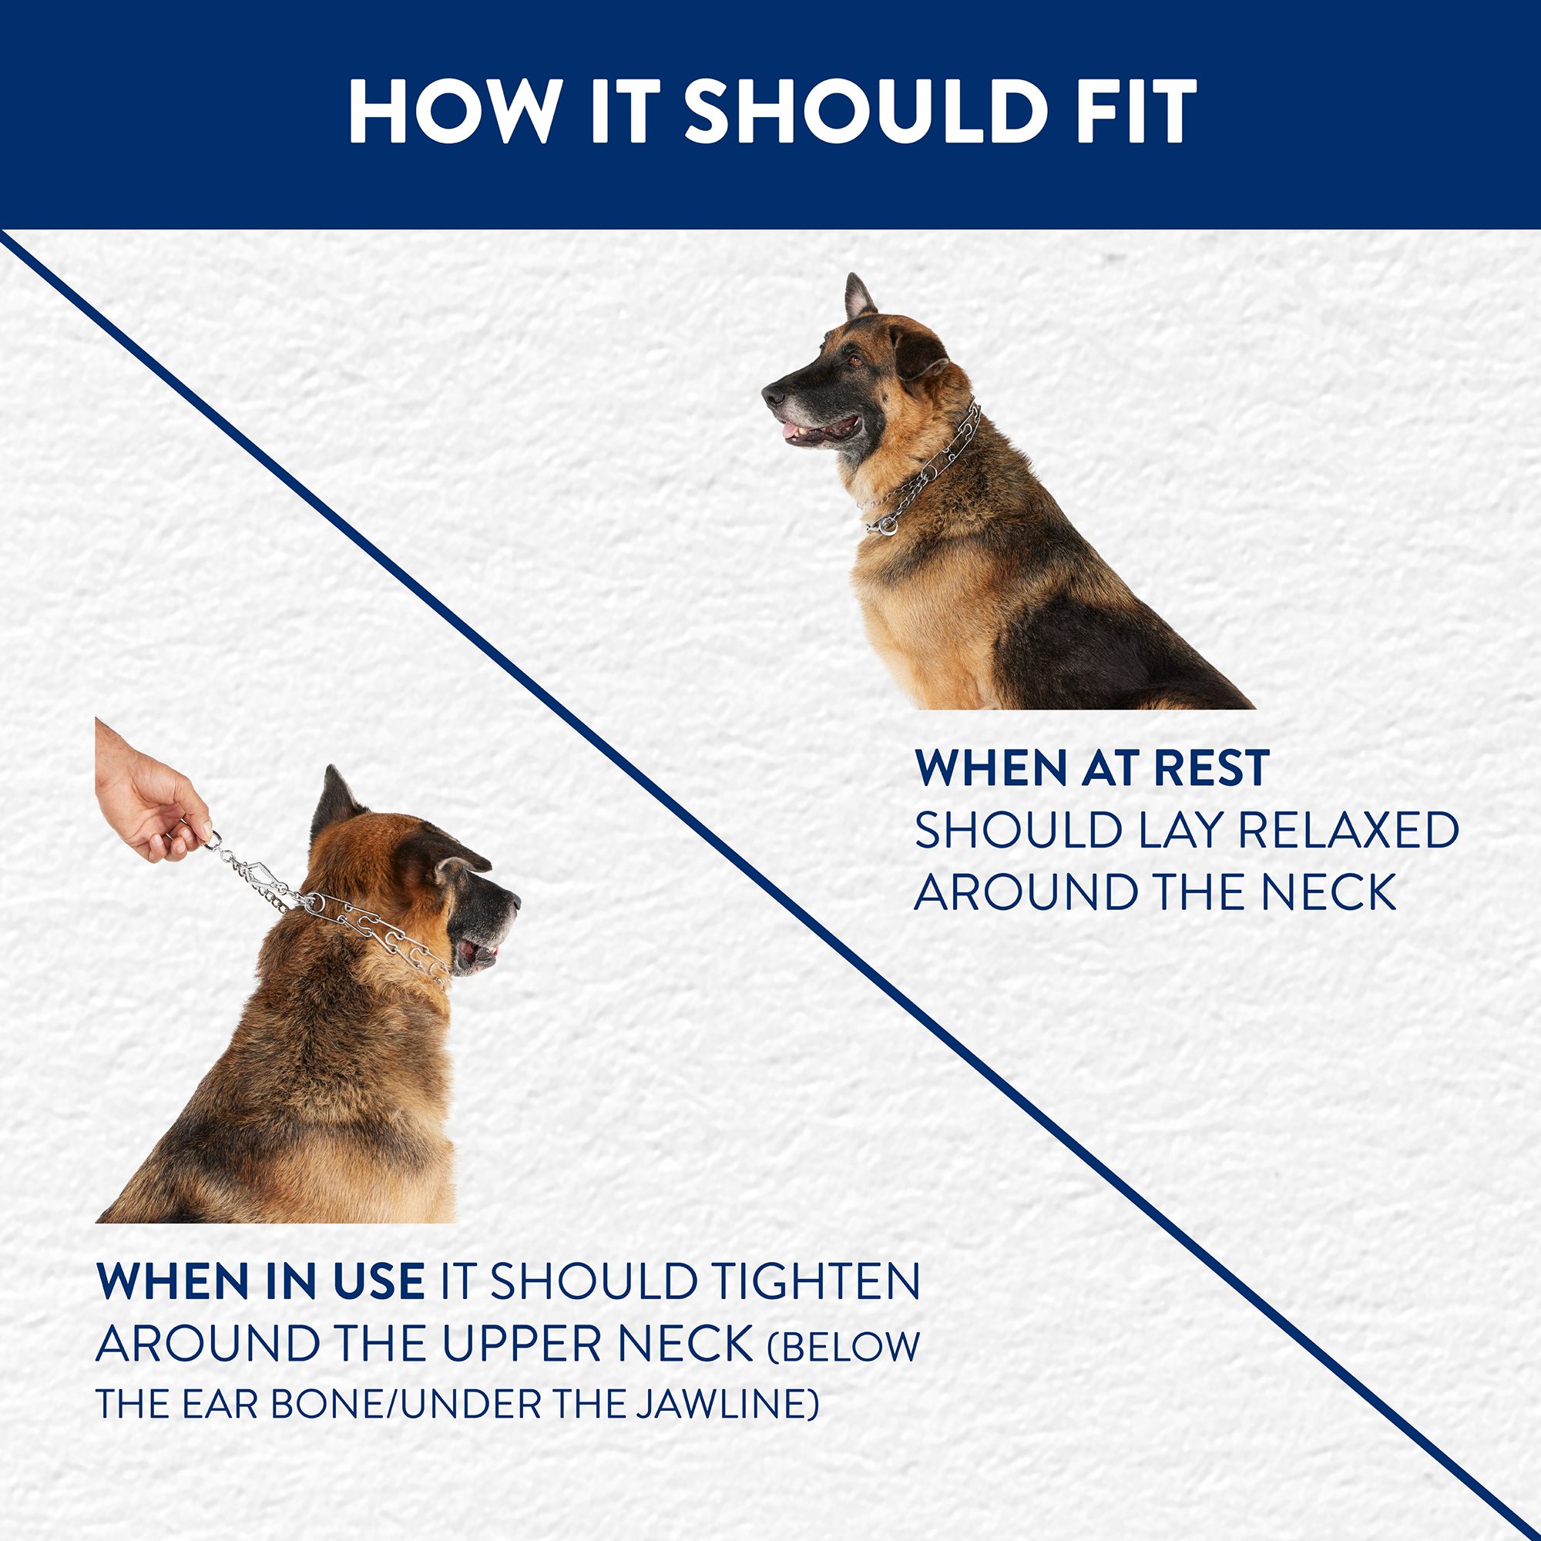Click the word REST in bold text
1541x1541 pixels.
click(x=1204, y=768)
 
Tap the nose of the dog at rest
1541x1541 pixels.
click(x=772, y=394)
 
